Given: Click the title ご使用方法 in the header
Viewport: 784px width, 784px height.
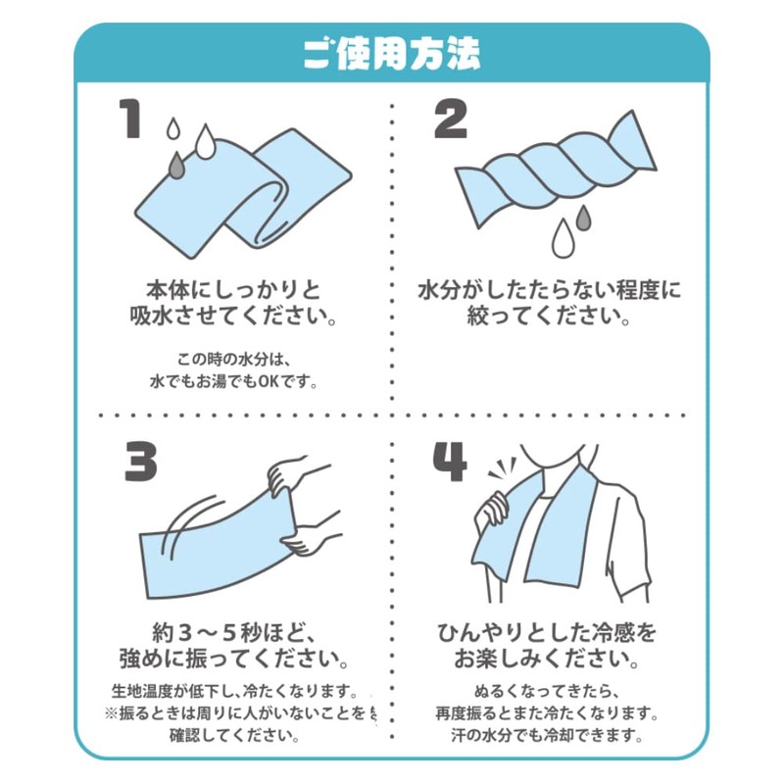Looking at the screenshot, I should click(391, 53).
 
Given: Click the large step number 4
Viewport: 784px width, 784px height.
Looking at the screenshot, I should click(451, 460).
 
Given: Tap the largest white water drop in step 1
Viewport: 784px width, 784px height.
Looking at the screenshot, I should click(206, 142).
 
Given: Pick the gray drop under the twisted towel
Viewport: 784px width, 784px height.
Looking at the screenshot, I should click(584, 215).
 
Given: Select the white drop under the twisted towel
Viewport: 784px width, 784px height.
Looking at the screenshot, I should click(563, 236).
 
